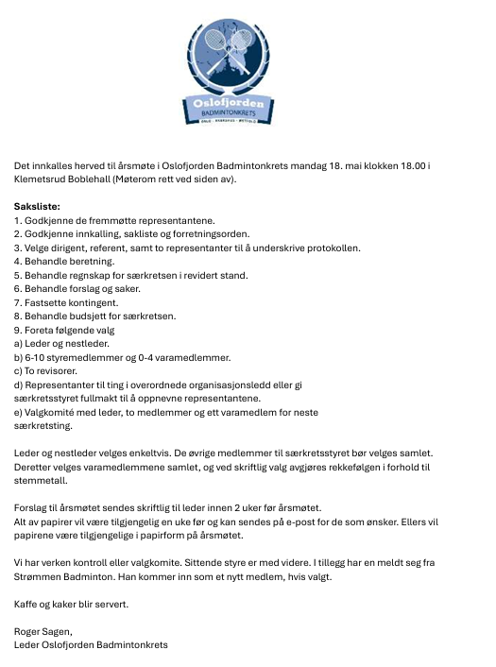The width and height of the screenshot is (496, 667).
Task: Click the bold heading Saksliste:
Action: point(37,206)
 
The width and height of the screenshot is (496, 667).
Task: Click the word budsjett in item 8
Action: point(92,316)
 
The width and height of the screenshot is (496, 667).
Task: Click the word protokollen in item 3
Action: point(335,248)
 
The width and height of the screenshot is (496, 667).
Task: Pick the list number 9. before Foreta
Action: point(18,330)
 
